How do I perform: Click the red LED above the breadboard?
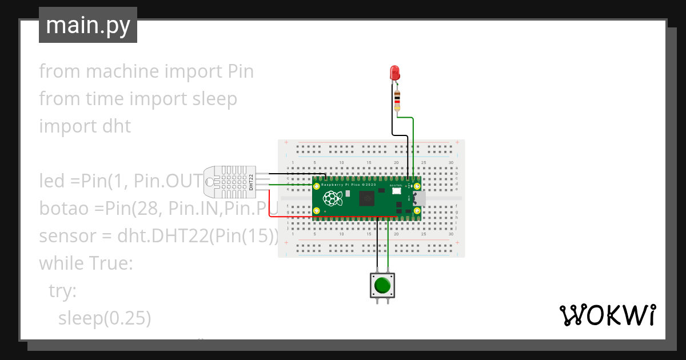click(394, 73)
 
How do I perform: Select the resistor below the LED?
click(397, 102)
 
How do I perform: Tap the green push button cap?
click(382, 284)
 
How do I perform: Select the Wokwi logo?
click(607, 315)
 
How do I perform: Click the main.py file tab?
click(88, 25)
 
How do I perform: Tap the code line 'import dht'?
click(85, 126)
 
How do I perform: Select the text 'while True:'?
click(86, 263)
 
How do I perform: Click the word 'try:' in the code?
click(62, 291)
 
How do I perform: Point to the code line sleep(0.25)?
click(105, 318)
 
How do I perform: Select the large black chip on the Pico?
click(366, 199)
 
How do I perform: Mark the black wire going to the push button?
click(378, 246)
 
